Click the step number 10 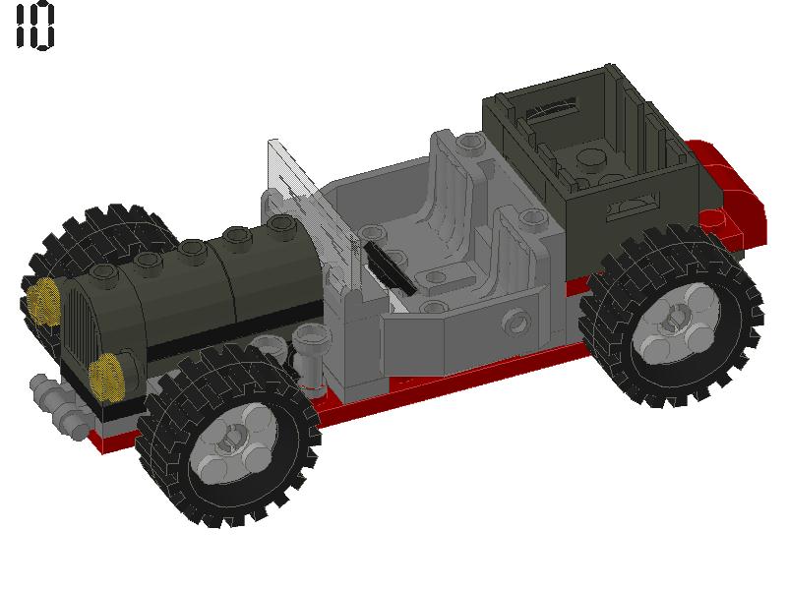click(x=34, y=27)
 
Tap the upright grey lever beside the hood click(x=307, y=355)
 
